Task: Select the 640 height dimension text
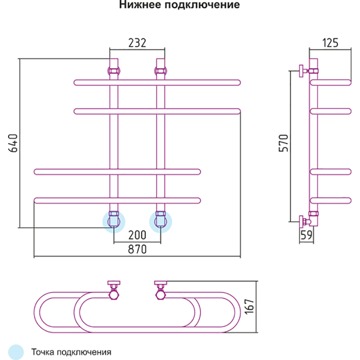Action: coord(13,143)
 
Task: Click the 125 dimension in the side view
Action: coord(330,43)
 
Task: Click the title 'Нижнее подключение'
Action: coord(179,6)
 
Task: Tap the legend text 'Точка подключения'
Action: coord(71,351)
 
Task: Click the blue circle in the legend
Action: coord(16,351)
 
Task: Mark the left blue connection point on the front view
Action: coord(114,221)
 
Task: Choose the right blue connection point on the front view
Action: coord(161,221)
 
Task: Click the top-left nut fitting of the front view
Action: coord(114,71)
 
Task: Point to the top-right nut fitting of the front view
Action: coord(161,71)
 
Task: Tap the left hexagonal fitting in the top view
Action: coord(114,294)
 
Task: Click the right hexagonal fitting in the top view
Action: coord(161,294)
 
